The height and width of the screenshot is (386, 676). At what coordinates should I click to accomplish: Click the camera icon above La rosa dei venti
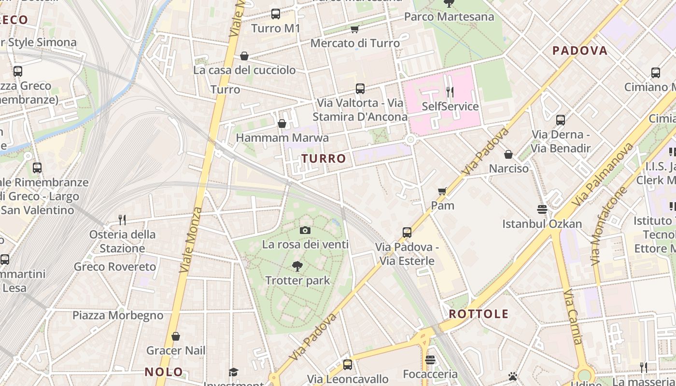pos(305,231)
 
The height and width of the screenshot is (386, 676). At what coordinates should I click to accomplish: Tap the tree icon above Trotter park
pos(297,266)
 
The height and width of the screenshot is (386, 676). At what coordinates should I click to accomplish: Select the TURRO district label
pos(324,159)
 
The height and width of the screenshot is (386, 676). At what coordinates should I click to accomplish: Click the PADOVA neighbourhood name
pos(580,51)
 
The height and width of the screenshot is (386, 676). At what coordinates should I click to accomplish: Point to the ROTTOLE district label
pos(479,314)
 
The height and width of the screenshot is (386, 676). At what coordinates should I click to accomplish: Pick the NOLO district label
pos(164,372)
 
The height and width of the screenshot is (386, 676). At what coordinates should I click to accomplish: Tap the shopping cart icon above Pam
pos(442,192)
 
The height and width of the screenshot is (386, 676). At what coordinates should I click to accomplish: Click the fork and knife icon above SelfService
pos(450,92)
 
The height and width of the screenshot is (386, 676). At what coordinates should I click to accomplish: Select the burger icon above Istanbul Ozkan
pos(542,209)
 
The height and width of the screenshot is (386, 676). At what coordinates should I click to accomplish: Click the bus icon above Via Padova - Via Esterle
pos(407,233)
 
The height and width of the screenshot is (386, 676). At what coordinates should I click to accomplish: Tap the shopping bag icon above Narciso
pos(508,154)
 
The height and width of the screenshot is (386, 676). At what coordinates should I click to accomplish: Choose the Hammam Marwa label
pos(282,138)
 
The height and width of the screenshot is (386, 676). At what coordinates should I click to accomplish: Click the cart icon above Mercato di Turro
pos(355,29)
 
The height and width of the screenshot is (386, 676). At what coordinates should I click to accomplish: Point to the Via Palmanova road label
pos(603,175)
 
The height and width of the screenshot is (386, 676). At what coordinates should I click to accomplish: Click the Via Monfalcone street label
pos(608,226)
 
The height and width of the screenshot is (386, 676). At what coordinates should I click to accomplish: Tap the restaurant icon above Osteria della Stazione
pos(122,220)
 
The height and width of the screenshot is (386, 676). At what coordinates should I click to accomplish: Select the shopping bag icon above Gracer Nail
pos(176,336)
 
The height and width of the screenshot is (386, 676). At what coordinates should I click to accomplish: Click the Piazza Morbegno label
pos(118,316)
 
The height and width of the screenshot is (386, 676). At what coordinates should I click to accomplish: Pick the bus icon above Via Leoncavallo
pos(348,365)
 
